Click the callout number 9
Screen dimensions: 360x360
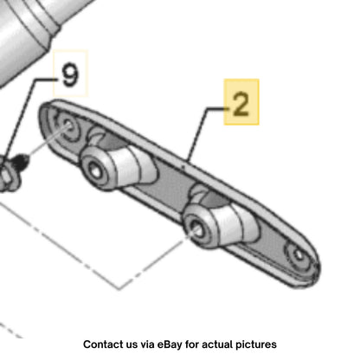click(70, 75)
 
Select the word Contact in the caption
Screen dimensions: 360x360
click(100, 344)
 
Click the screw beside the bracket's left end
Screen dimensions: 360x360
click(21, 162)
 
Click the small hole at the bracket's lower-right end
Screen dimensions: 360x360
click(299, 254)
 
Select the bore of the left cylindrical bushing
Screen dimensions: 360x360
click(95, 170)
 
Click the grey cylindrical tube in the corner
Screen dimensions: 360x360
click(29, 32)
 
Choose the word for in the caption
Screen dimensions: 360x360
click(192, 344)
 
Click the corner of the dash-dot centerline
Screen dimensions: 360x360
click(119, 288)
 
